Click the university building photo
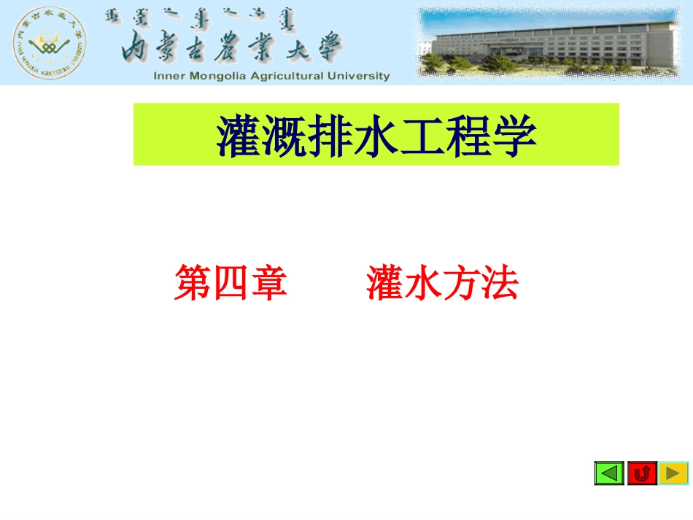(x=553, y=42)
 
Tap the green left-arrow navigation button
(x=609, y=473)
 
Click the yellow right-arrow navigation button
(x=673, y=473)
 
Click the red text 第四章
(x=231, y=283)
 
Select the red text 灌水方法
(x=442, y=283)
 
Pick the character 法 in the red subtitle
(x=500, y=283)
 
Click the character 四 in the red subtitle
(x=231, y=283)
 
